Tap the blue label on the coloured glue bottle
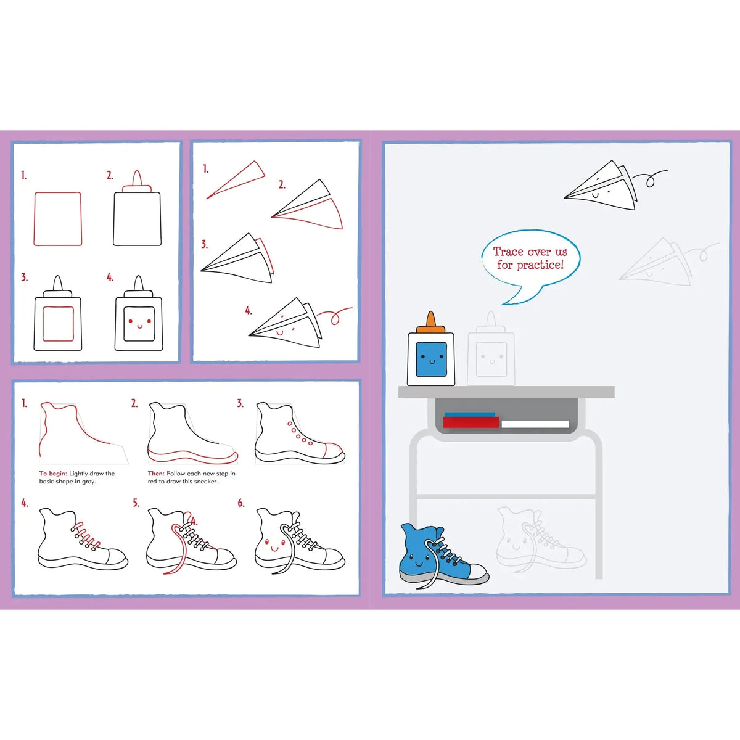(431, 360)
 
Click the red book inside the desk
(471, 422)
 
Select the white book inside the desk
(535, 424)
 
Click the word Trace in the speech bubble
(508, 252)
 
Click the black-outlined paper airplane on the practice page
(601, 186)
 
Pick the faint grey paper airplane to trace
(656, 261)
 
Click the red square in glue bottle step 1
(57, 219)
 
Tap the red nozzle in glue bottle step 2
(137, 181)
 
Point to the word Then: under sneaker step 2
(156, 474)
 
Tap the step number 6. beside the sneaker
(241, 503)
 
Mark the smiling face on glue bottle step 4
(139, 323)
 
